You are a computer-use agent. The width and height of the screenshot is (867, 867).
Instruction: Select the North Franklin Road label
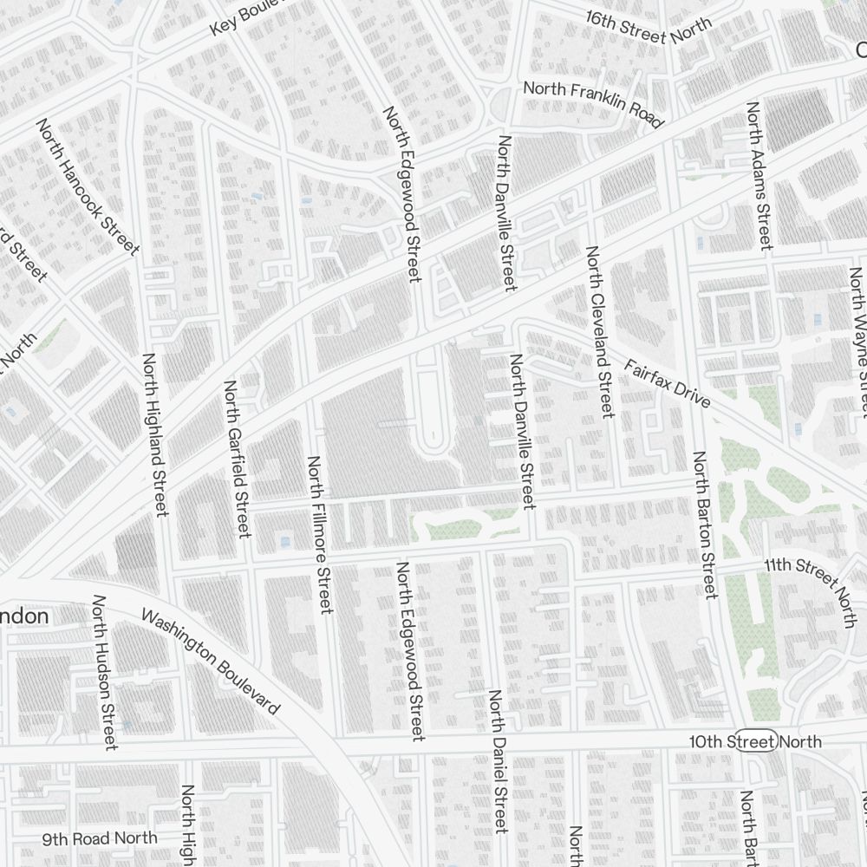593,103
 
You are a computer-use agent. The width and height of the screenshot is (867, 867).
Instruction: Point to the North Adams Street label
759,176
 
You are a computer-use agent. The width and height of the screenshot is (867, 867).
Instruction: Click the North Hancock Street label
88,187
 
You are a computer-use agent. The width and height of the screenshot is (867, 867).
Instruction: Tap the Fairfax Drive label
667,385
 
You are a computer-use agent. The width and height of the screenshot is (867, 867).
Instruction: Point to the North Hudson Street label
104,673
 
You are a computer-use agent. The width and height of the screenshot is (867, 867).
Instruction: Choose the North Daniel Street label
497,760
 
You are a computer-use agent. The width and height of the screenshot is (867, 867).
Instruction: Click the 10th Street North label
755,741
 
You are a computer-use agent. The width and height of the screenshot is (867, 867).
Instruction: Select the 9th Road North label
101,838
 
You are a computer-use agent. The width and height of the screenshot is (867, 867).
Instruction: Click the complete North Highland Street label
154,434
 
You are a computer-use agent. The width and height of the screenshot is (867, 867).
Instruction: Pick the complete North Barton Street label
703,525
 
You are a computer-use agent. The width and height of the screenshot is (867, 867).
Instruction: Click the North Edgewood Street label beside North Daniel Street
411,650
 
